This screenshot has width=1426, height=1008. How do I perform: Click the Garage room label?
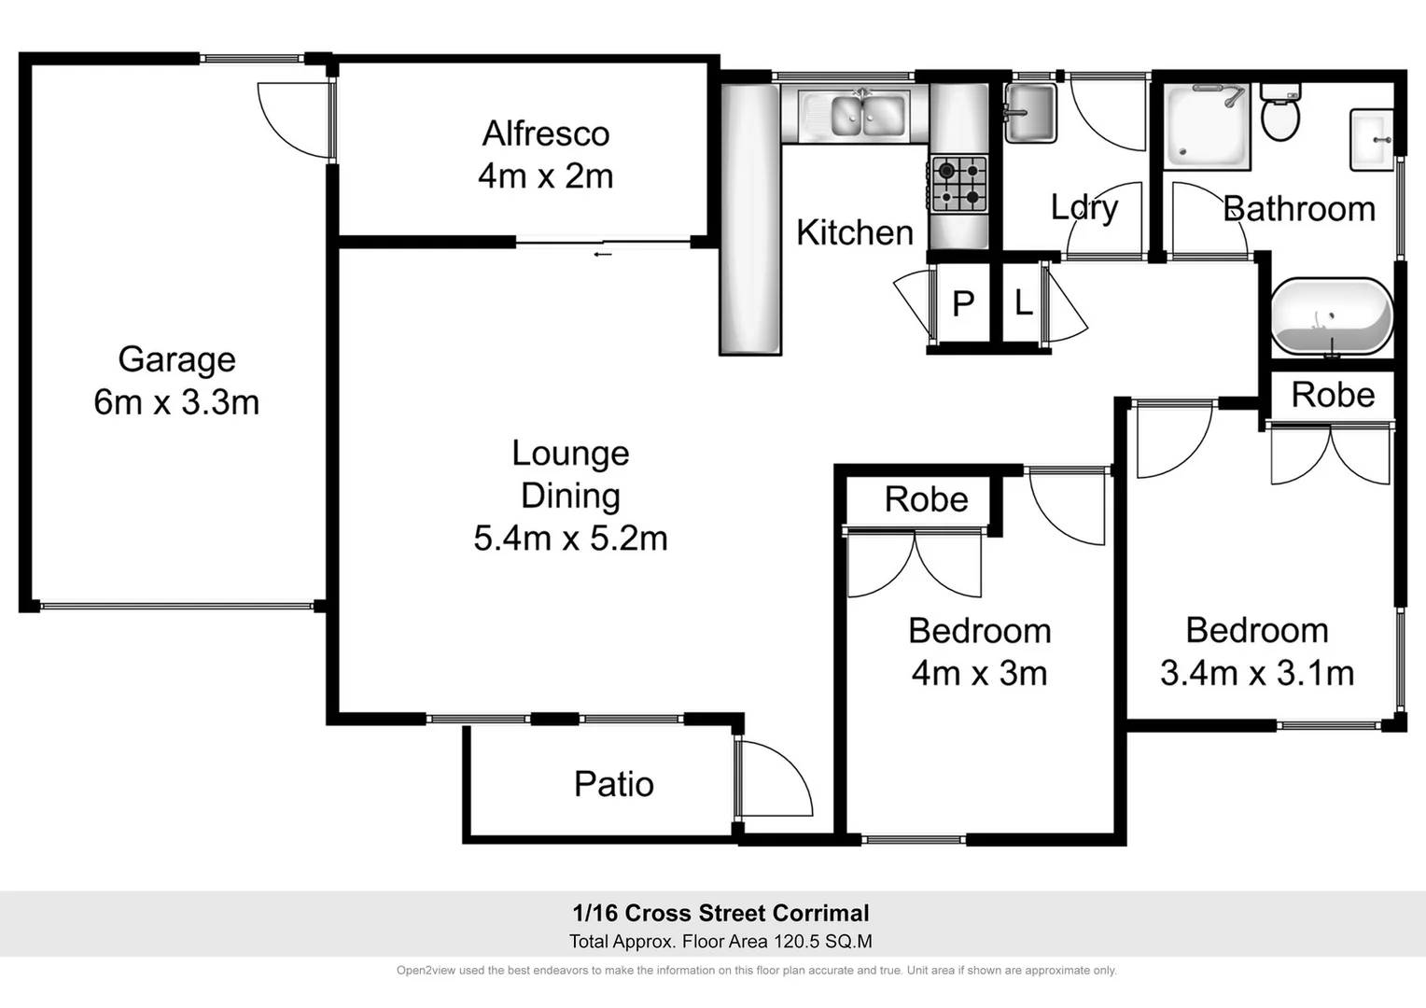click(x=176, y=359)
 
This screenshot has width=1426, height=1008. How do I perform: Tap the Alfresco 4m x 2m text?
click(x=545, y=175)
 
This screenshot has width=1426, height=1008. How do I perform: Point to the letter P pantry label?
click(x=963, y=303)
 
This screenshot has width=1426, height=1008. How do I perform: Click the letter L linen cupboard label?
click(x=1024, y=303)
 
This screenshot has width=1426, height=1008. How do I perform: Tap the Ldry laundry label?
click(x=1083, y=207)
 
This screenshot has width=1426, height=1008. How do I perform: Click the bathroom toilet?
click(x=1279, y=113)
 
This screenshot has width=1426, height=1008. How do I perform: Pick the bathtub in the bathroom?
click(x=1332, y=317)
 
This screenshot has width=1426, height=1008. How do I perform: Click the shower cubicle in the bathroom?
click(x=1207, y=126)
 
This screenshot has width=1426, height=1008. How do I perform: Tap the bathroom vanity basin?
click(x=1372, y=140)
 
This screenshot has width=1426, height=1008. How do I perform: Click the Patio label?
click(x=613, y=784)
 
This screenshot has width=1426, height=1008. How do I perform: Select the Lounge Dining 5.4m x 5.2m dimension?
click(x=570, y=539)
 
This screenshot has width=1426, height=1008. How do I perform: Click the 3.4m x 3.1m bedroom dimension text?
click(x=1256, y=673)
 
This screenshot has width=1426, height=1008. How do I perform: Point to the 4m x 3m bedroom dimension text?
click(x=979, y=673)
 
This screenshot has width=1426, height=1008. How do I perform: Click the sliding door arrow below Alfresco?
click(x=603, y=253)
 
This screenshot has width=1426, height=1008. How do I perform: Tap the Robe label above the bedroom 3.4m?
click(x=1332, y=395)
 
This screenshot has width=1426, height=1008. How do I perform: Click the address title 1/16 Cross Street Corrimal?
click(x=720, y=913)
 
